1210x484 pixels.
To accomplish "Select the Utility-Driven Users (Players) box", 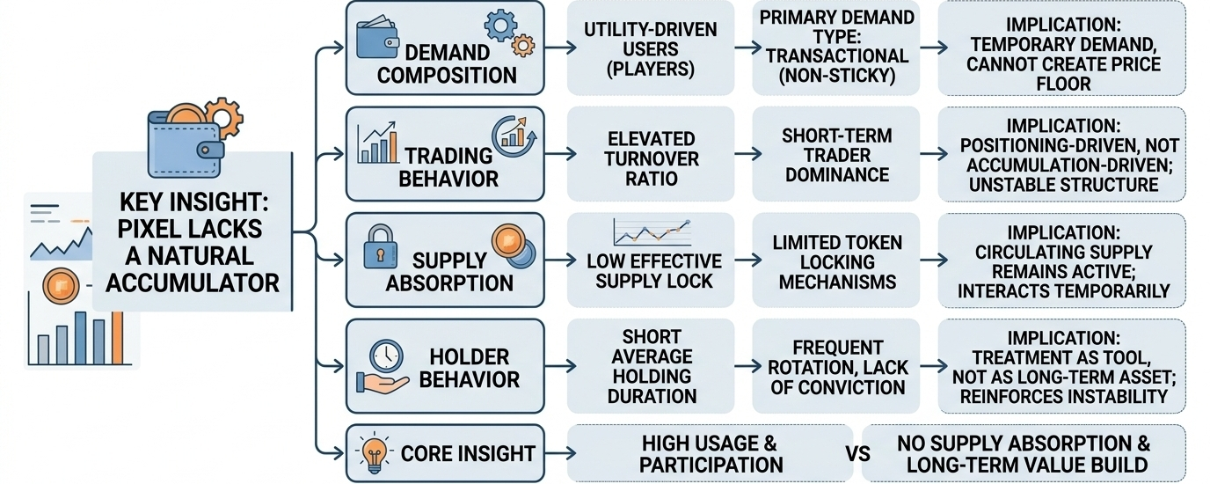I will click(x=650, y=48).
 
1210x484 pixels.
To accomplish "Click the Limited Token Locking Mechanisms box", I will click(x=835, y=261).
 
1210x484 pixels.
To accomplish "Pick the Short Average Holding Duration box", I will click(x=650, y=366).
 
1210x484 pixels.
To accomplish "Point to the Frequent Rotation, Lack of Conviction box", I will click(x=835, y=366).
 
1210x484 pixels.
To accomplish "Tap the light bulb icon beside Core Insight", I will click(x=371, y=454).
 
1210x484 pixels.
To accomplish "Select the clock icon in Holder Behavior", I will click(x=385, y=356).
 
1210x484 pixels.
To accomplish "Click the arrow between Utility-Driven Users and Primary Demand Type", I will click(x=742, y=48).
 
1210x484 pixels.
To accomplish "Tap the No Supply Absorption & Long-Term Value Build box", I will click(x=1023, y=454).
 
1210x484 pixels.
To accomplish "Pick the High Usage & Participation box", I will click(x=711, y=454).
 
